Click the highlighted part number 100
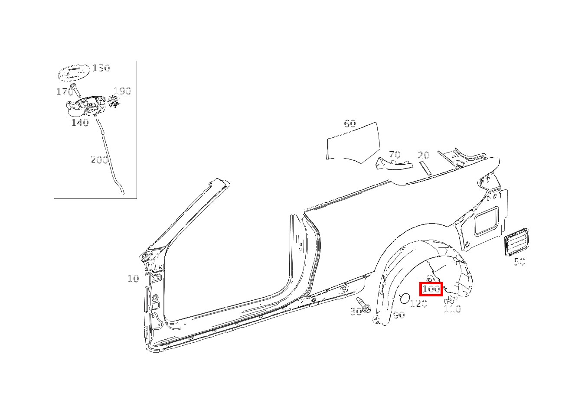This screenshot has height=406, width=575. coord(431,289)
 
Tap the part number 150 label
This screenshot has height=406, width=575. coord(101,68)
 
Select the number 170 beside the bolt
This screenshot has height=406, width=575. coord(65,91)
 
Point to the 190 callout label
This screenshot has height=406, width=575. coord(122,91)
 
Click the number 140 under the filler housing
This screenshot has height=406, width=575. coord(80,123)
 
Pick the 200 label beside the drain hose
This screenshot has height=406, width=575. coord(99,160)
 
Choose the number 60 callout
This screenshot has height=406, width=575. coord(350,123)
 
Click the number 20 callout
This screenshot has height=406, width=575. coord(424,155)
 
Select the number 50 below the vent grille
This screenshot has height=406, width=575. coord(519,262)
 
